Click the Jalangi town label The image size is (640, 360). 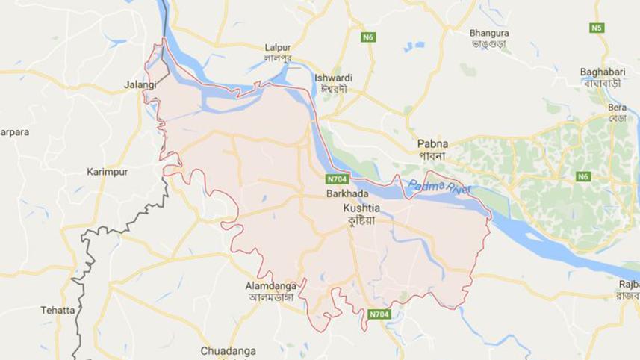point(140,85)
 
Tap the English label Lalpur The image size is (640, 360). point(278,47)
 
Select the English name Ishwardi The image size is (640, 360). point(334,78)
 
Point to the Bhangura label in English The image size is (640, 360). point(489,33)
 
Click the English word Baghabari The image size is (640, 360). point(602,72)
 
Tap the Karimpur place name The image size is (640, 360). point(107,171)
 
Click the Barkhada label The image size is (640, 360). point(344,193)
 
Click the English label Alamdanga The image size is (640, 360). point(271,285)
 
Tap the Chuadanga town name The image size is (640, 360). point(228,350)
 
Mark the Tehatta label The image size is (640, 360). point(58,310)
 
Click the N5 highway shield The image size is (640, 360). point(595,28)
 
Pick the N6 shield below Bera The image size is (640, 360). point(583,177)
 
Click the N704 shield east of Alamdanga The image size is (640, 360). point(379,315)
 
